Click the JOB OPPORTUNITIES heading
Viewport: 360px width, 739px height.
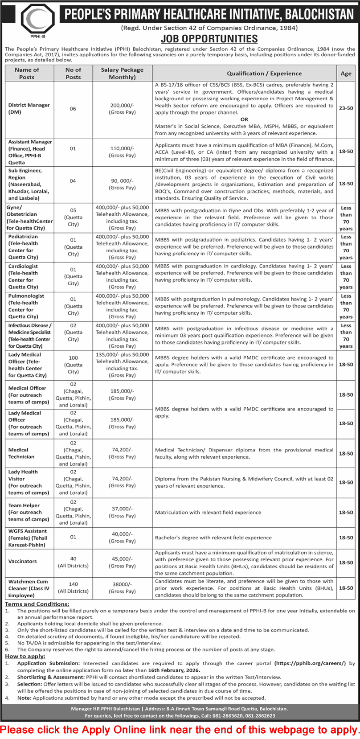pos(209,39)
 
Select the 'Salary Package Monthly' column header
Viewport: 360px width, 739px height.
pos(122,74)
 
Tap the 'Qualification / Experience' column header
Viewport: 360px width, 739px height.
pos(264,74)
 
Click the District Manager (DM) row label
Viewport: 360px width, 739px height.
pos(29,109)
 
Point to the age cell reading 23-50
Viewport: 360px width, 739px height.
pos(346,108)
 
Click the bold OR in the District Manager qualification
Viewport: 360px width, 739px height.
pos(244,119)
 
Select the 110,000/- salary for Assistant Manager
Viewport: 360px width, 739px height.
pos(122,148)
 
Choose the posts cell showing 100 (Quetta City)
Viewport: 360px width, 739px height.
pos(73,365)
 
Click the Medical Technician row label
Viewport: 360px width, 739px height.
pos(21,453)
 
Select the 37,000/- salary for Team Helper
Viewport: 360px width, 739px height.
pos(122,509)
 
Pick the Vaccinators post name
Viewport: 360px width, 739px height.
pos(22,562)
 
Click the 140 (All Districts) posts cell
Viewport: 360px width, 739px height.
pos(73,587)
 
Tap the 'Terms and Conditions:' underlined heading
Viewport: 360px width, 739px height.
pos(37,604)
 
